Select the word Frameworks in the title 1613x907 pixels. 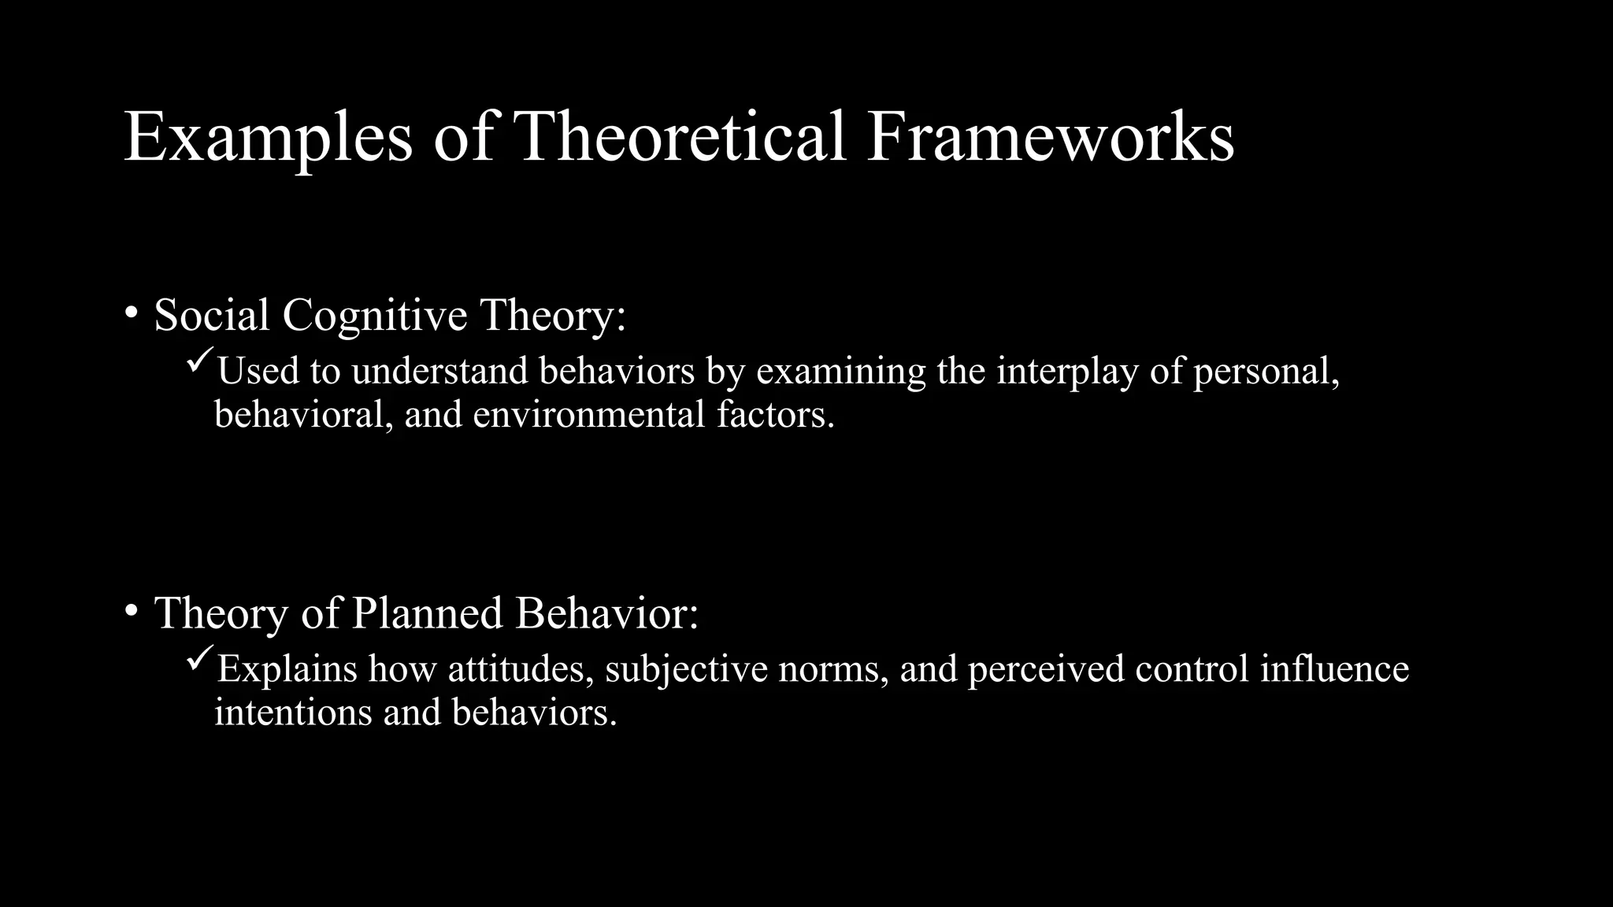[1049, 138]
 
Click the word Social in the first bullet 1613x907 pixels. [212, 315]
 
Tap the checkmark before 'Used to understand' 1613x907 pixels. [199, 363]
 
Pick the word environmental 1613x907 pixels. [588, 415]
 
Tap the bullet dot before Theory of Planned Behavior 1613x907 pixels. [132, 610]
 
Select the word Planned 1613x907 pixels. [427, 613]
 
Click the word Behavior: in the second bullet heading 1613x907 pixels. [606, 613]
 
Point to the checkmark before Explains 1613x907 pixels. [199, 661]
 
